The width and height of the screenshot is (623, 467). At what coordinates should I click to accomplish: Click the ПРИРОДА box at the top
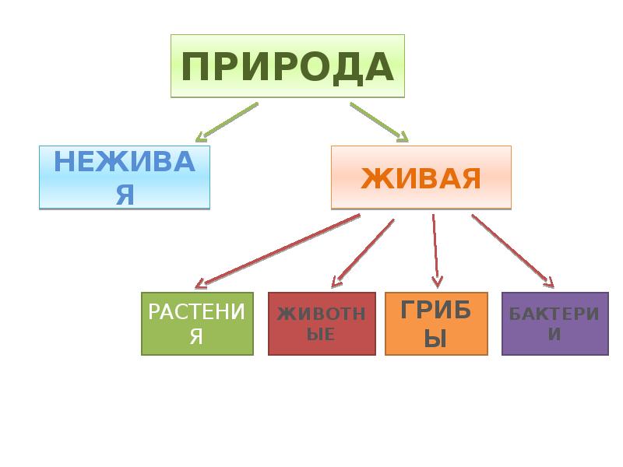point(287,66)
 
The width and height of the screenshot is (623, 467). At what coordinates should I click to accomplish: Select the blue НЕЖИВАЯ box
point(125,177)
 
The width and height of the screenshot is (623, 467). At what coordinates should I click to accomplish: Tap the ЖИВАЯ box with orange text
point(421,177)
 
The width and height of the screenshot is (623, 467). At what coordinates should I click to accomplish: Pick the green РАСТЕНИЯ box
point(197,324)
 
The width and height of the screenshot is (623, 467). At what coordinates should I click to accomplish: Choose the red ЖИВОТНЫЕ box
point(322,324)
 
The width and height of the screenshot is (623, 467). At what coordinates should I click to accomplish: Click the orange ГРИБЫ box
point(436,324)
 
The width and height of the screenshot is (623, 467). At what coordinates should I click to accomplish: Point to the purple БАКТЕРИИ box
point(554,324)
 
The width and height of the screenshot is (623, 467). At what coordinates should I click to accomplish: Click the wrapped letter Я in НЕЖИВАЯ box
point(125,195)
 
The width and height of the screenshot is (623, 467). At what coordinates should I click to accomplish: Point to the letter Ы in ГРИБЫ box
point(436,339)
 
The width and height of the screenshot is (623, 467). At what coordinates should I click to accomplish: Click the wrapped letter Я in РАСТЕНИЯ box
point(197,337)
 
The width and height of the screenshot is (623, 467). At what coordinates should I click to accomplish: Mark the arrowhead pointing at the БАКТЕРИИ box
point(549,283)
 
